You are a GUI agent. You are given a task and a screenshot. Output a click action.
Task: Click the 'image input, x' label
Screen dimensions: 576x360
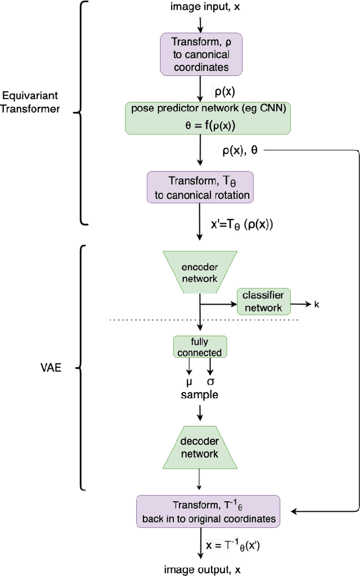[x=200, y=7]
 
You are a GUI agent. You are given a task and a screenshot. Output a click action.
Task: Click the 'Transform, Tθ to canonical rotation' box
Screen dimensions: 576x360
[x=200, y=188]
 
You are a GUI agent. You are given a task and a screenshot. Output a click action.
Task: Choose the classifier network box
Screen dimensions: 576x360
[x=263, y=301]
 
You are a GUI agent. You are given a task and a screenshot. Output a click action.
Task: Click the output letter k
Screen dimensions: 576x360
[x=317, y=304]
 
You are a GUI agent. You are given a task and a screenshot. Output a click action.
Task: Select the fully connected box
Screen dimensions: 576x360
[x=200, y=347]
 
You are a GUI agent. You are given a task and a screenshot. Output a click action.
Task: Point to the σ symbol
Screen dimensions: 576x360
[x=211, y=382]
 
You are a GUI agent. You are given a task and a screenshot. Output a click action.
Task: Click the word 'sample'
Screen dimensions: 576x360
[x=200, y=395]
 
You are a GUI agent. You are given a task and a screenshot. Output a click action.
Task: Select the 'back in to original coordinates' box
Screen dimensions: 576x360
[x=208, y=511]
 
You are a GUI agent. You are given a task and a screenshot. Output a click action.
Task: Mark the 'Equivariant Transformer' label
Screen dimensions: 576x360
[x=30, y=102]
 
